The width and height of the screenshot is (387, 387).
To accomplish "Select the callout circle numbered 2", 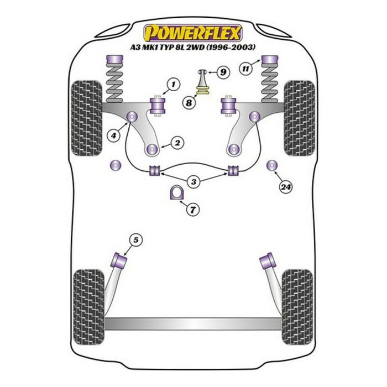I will coord(177,143).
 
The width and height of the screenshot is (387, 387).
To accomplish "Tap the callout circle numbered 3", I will coord(193,182).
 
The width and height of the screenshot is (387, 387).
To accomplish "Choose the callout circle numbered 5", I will coord(136,239).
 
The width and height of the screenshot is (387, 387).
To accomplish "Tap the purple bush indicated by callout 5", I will coord(120,258).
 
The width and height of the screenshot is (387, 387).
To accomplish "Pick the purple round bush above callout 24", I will coord(271,165).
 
